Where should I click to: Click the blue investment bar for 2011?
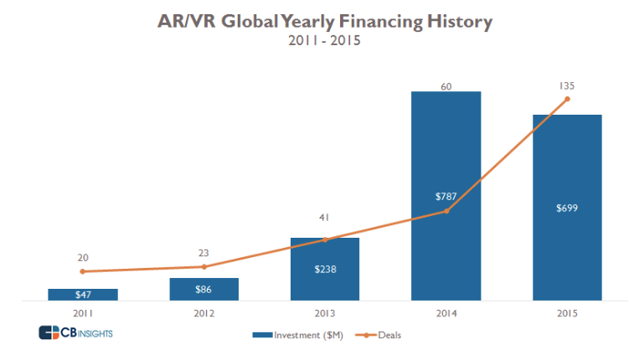(x=82, y=294)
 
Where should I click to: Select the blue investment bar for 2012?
(x=204, y=289)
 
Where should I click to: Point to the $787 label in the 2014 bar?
(x=446, y=197)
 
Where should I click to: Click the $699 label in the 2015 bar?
(x=568, y=208)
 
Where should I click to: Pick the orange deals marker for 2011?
(x=82, y=271)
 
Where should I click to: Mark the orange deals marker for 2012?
(x=204, y=267)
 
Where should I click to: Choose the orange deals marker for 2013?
(x=325, y=240)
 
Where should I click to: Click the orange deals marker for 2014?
(x=446, y=211)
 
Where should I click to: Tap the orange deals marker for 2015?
(x=568, y=99)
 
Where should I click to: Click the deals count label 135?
(x=568, y=85)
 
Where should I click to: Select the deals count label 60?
(x=446, y=85)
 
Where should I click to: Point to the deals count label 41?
(x=325, y=219)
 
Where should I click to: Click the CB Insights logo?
(x=76, y=333)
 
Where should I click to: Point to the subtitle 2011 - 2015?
(x=324, y=40)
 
